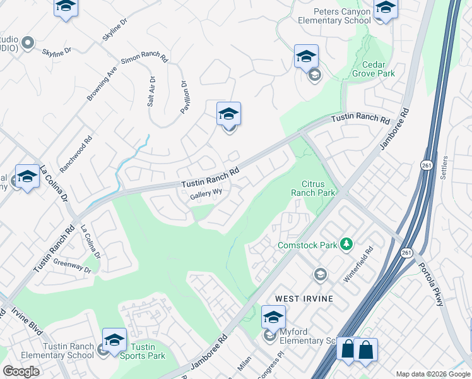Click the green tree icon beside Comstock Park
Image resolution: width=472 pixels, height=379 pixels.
[x=345, y=244]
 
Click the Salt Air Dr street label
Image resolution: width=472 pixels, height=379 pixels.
[x=151, y=91]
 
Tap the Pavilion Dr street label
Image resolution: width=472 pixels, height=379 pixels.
[x=185, y=97]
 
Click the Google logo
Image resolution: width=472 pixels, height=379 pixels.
[x=21, y=371]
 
